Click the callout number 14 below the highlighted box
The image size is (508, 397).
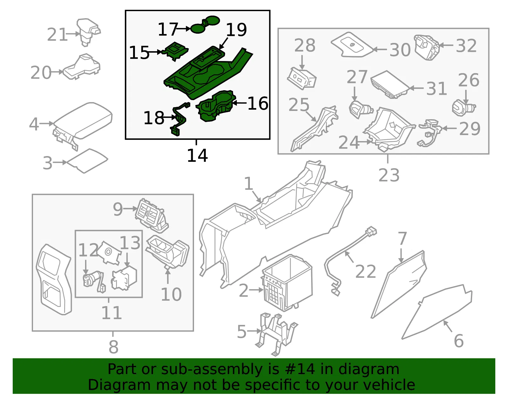[x=197, y=155]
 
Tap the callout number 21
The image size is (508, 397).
[x=57, y=34]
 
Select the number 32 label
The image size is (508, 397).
[x=466, y=46]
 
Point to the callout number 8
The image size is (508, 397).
[x=113, y=347]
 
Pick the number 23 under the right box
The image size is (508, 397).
[x=389, y=175]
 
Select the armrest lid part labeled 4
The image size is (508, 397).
[x=82, y=125]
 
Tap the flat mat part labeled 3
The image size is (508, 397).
[x=87, y=161]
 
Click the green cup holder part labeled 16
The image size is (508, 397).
[x=215, y=106]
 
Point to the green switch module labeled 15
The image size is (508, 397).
[x=175, y=51]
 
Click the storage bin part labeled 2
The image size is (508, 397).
[x=287, y=283]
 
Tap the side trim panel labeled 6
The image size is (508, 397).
[x=437, y=312]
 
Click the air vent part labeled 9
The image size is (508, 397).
[x=152, y=216]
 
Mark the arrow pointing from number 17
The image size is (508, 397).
[x=184, y=29]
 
